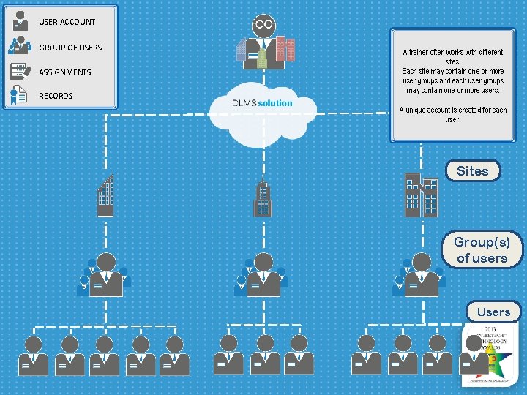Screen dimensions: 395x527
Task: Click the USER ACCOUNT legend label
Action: (67, 22)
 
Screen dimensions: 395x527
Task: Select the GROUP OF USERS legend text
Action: (70, 48)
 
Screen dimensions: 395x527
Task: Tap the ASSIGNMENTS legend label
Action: (65, 72)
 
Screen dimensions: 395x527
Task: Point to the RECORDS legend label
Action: (56, 96)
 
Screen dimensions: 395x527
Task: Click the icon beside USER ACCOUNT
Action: (20, 20)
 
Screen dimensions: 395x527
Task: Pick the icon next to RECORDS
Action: (20, 95)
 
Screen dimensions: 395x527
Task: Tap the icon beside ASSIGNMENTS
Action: (20, 71)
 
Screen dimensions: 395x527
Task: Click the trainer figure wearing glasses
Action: (264, 42)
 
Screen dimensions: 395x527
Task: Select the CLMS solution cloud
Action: (263, 110)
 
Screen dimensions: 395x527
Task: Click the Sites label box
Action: (472, 170)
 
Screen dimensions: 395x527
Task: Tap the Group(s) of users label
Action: (482, 249)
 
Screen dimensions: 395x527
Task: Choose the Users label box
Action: (493, 312)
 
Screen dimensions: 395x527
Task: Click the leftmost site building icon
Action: (106, 196)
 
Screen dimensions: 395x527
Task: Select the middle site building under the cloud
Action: (262, 199)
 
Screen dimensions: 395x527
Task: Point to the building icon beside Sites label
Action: (421, 195)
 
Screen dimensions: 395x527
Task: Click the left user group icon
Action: (105, 275)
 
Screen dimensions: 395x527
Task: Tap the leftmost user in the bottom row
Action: (34, 355)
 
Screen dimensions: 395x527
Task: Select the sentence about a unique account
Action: (452, 114)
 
